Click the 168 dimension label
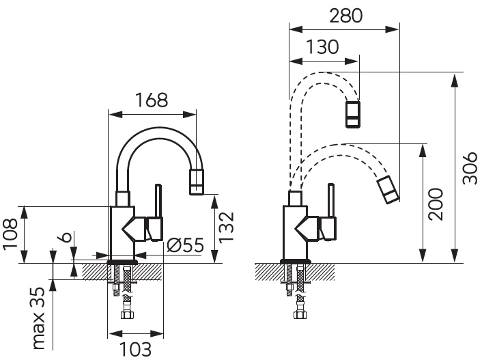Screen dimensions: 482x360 (152, 100)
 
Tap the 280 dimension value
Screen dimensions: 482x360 (346, 16)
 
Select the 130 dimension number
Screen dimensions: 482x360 (322, 47)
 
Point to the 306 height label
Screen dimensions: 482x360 (470, 167)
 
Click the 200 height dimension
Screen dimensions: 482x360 (436, 204)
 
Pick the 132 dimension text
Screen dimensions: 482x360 (226, 227)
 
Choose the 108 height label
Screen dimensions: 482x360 (11, 234)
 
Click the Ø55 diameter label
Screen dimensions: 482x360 (186, 245)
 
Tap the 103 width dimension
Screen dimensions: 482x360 (135, 350)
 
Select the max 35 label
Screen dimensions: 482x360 (39, 318)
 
